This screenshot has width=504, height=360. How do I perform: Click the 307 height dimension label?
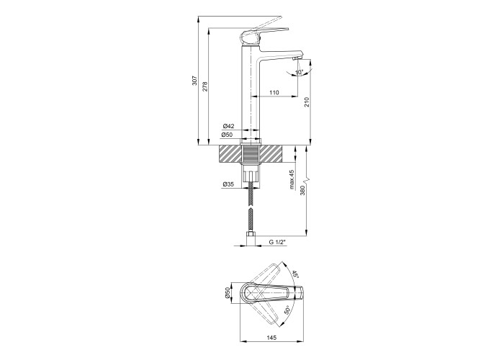194,81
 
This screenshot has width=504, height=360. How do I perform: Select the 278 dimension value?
205,87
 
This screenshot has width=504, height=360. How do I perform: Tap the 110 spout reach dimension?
274,93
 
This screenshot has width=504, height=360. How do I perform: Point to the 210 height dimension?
306,102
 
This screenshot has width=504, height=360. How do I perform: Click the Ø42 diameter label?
228,126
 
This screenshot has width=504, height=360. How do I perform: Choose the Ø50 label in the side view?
228,135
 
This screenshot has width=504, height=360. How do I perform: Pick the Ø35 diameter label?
228,184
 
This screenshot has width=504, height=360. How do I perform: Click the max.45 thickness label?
292,179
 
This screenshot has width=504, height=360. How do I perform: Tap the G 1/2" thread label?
277,242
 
